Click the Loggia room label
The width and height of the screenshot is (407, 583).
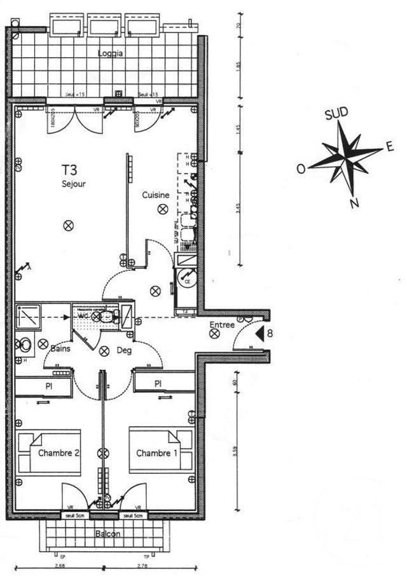click(110, 53)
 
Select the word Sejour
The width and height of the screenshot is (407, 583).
click(74, 184)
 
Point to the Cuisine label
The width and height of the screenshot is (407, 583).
click(155, 195)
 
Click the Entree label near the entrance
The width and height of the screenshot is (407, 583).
click(223, 326)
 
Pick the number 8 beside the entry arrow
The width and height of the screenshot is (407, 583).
click(270, 333)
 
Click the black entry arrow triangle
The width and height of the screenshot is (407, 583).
click(259, 333)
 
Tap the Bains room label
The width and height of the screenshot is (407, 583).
click(60, 349)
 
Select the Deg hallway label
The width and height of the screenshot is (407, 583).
click(123, 350)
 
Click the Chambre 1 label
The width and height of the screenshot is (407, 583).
click(153, 453)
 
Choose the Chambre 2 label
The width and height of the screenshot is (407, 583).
click(59, 453)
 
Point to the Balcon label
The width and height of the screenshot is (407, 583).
click(107, 534)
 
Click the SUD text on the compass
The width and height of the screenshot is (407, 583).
click(336, 114)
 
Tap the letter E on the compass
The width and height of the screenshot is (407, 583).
click(389, 147)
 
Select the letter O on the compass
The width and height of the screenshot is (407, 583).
click(300, 169)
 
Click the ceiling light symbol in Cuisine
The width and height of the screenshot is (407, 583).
click(163, 208)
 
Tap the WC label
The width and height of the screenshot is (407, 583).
click(83, 315)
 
